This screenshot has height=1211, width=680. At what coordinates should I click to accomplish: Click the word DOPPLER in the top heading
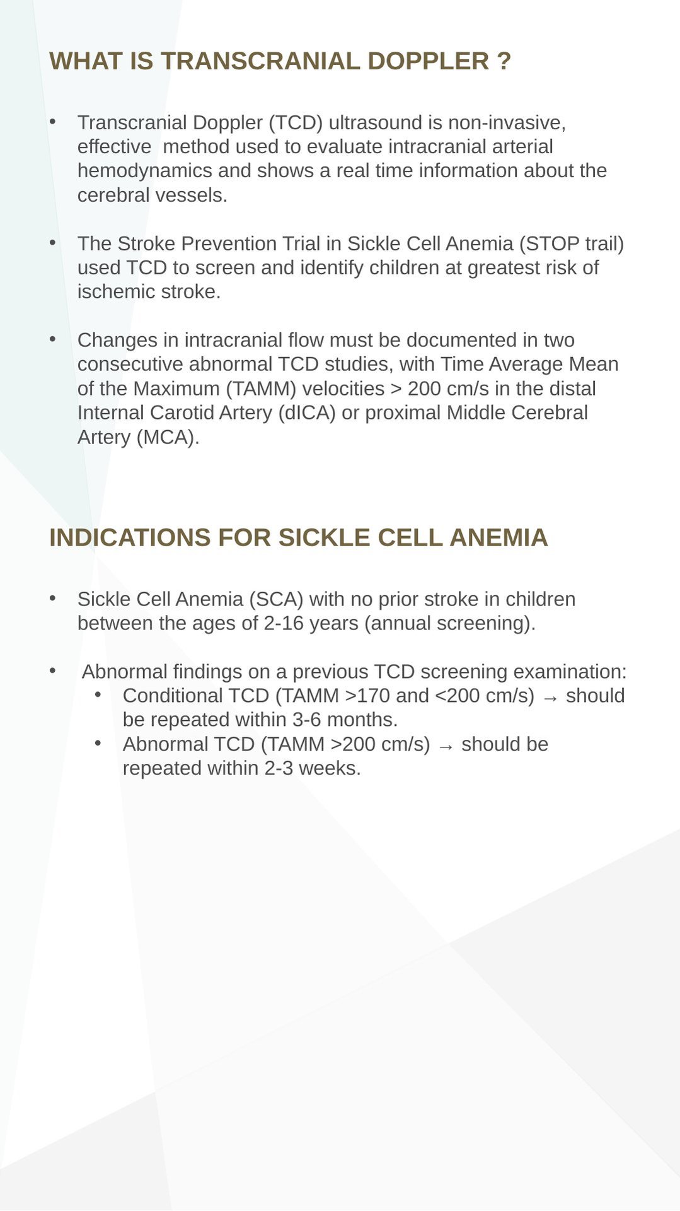[428, 61]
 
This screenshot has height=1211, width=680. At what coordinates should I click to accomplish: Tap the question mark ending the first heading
[504, 61]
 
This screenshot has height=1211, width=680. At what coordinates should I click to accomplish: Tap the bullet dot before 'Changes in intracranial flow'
[53, 339]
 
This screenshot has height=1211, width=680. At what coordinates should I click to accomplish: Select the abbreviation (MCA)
[168, 437]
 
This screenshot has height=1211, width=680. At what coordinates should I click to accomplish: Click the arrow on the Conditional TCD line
[550, 698]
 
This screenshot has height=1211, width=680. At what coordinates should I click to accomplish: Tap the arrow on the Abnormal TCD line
[446, 746]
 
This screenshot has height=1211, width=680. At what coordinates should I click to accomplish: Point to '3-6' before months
[306, 720]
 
